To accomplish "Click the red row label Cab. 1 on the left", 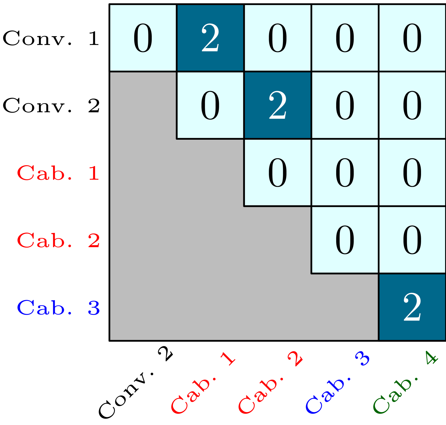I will tap(58, 173).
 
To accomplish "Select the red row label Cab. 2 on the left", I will tap(58, 240).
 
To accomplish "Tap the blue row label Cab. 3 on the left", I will tap(58, 308).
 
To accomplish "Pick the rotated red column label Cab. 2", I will tap(270, 384).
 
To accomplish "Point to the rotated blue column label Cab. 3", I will tap(337, 384).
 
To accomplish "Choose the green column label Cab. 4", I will tap(405, 384).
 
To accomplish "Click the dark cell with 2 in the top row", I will tap(210, 38).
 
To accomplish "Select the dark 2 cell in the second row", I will tap(278, 105).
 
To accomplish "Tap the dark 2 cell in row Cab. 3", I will tap(412, 307).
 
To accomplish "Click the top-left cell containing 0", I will tap(143, 38).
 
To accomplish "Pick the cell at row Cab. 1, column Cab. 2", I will tap(278, 172).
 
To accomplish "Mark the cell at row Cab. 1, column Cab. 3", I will tap(345, 172).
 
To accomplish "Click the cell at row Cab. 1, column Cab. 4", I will tap(412, 172).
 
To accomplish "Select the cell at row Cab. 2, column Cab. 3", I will tap(345, 240).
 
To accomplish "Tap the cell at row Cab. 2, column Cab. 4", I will tap(412, 240).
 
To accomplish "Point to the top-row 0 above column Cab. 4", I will tap(412, 38).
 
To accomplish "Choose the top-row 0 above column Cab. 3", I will tap(345, 38).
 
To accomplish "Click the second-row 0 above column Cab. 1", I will tap(210, 105).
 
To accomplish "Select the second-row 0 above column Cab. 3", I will tap(345, 105).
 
